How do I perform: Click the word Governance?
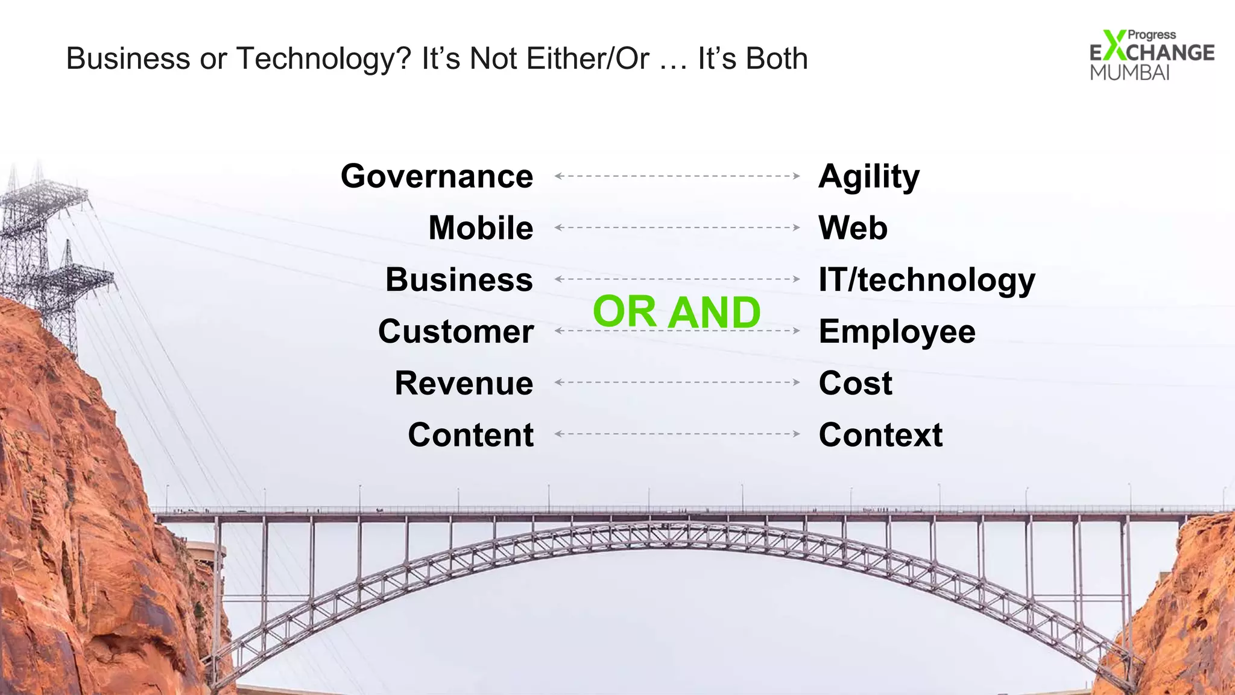[437, 176]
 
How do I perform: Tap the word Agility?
[869, 177]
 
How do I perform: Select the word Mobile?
[481, 228]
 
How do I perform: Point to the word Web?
[853, 228]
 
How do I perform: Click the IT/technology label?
[927, 281]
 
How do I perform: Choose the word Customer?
[456, 332]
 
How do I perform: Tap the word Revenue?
[464, 383]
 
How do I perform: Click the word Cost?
[855, 383]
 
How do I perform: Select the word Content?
[470, 435]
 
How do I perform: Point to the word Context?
[880, 435]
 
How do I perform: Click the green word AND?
[715, 313]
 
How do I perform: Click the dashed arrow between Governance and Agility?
[677, 176]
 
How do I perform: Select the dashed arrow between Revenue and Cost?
[677, 382]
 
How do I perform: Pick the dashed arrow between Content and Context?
[677, 434]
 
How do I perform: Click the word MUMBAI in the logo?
[1129, 72]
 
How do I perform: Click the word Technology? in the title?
[323, 59]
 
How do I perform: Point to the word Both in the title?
[777, 59]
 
